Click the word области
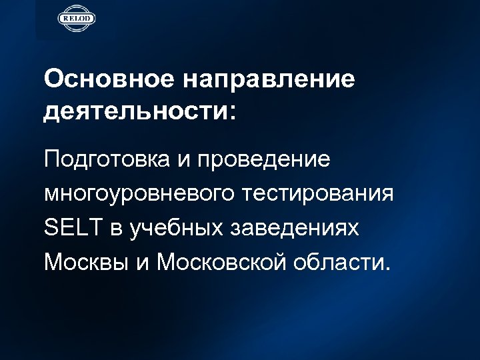point(337,261)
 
